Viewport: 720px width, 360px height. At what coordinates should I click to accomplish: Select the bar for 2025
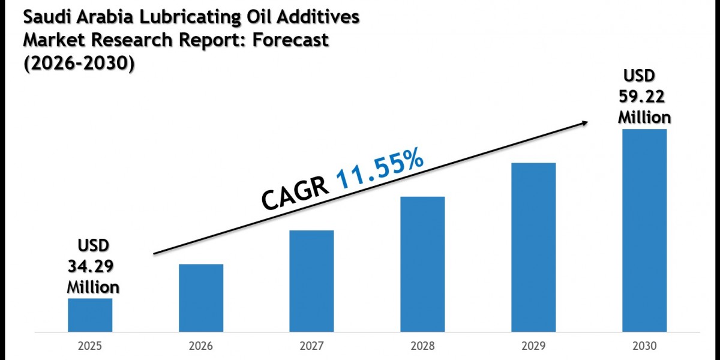click(x=89, y=315)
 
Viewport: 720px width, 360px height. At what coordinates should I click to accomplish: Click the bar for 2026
click(x=200, y=298)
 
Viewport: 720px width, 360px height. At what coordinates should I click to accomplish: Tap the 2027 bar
click(x=311, y=281)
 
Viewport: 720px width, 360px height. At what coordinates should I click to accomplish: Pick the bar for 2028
click(x=422, y=264)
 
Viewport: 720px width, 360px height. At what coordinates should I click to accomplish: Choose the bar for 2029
click(x=533, y=247)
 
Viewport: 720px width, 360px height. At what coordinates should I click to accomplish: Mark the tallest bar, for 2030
click(x=644, y=230)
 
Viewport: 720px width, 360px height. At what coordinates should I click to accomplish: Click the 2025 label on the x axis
click(x=89, y=346)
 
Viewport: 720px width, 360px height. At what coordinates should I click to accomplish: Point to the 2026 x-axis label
click(x=200, y=346)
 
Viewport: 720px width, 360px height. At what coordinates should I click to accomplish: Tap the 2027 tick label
click(x=311, y=346)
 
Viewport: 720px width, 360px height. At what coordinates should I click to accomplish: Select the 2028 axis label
click(x=422, y=346)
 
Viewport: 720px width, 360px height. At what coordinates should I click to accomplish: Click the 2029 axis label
click(x=533, y=346)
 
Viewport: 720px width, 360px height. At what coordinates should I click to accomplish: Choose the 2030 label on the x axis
click(x=644, y=346)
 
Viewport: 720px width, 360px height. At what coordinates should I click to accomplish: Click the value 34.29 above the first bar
click(x=93, y=266)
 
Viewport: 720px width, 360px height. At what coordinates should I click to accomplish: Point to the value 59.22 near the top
click(x=644, y=96)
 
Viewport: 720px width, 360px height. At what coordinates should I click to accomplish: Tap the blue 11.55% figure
click(x=380, y=169)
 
